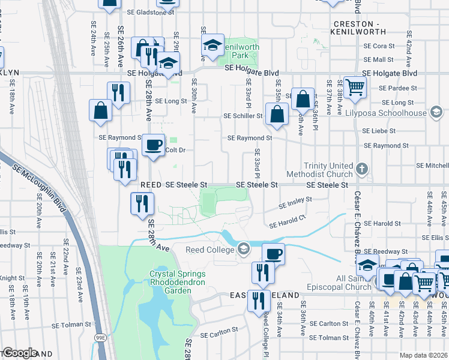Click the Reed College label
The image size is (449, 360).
coord(209,250)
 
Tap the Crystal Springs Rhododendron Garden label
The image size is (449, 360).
coord(177,282)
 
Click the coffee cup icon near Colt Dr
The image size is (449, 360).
coord(154,145)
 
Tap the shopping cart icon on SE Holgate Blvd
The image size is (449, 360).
coord(355,87)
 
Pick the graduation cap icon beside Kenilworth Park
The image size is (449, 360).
coord(212,44)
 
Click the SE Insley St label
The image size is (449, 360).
coord(296,203)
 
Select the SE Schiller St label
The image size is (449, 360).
coord(243,116)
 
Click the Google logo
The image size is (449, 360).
coord(19,353)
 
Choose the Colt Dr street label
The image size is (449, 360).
coord(173,150)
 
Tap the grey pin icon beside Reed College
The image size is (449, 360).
coord(243,248)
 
